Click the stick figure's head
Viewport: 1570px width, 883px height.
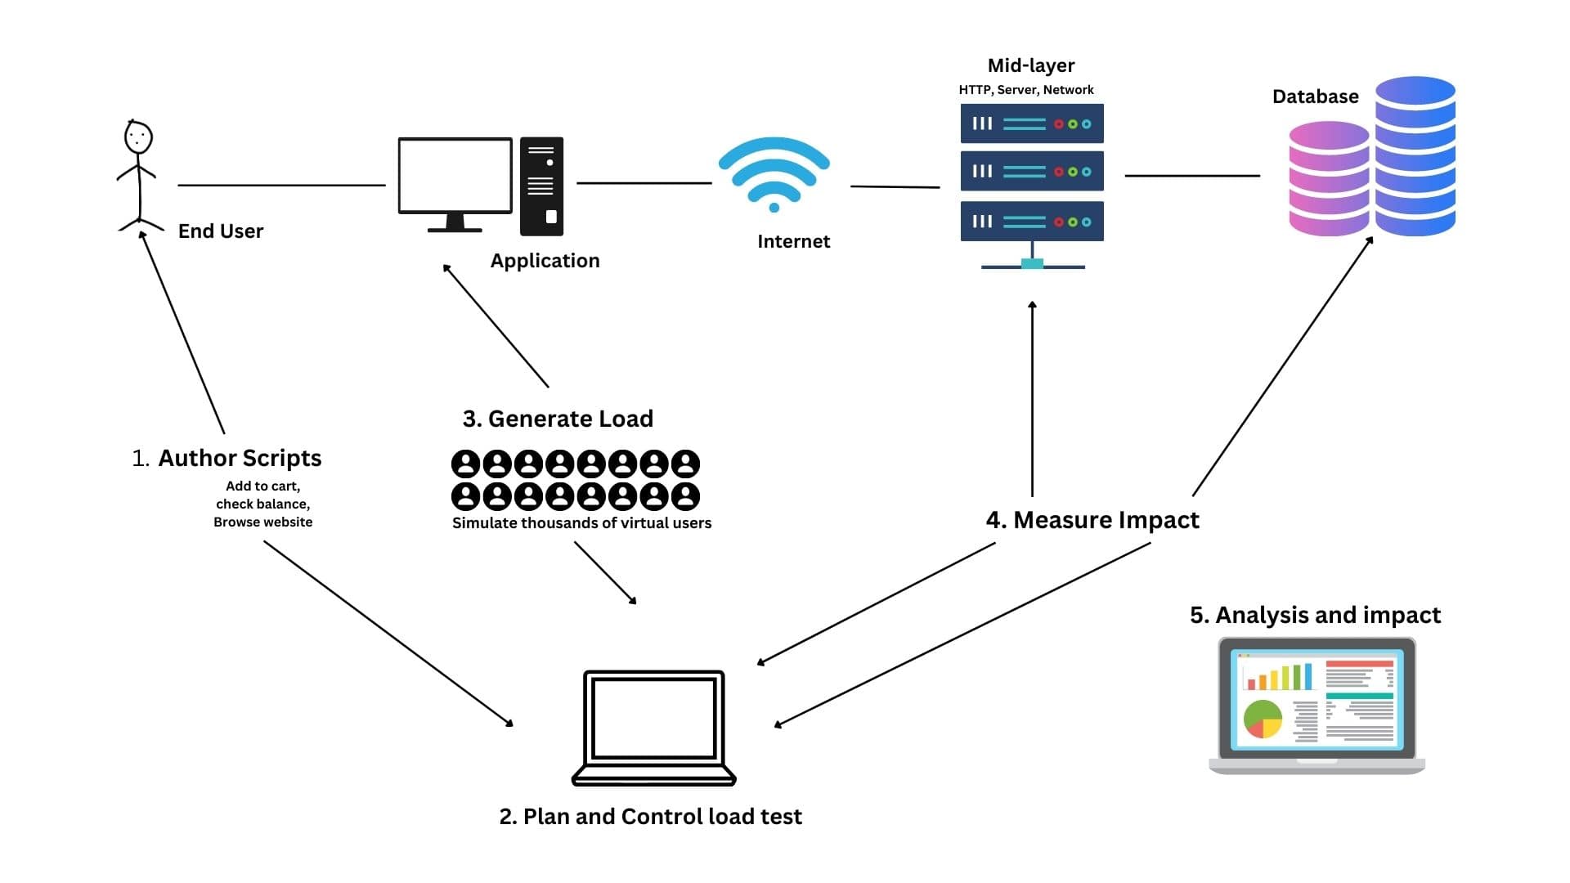[x=138, y=137]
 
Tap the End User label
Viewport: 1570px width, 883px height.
[x=221, y=231]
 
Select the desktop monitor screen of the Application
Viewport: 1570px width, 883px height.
[x=455, y=175]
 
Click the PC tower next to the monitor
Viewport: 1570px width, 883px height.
[x=541, y=186]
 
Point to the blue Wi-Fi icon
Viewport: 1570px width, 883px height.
[x=774, y=174]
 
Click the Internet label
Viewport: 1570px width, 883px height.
[x=793, y=241]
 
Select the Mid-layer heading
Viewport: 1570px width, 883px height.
[x=1030, y=65]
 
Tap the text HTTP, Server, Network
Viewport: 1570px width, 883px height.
[x=1025, y=90]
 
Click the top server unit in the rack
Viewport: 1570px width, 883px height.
[x=1031, y=123]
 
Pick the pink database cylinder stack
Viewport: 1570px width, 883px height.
[x=1328, y=178]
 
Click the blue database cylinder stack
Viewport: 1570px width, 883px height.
[x=1415, y=156]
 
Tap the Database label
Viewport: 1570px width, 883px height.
[x=1315, y=96]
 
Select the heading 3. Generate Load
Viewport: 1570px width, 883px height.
[x=558, y=419]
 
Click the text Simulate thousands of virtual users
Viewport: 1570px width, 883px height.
[x=581, y=523]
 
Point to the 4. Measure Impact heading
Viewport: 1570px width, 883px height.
[x=1092, y=520]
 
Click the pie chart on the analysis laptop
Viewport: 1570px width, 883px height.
[x=1263, y=719]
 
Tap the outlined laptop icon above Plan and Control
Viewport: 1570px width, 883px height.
[x=653, y=727]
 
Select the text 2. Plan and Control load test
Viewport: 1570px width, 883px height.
[x=650, y=817]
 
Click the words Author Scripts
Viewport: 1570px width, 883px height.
[x=240, y=458]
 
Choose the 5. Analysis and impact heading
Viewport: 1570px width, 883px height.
[x=1315, y=615]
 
